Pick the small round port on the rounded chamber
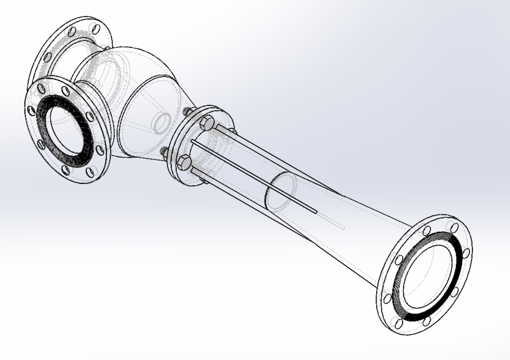tap(162, 122)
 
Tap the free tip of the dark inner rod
tap(316, 212)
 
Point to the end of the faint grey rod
tap(343, 227)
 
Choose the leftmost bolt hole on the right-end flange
tap(387, 299)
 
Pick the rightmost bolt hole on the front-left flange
tap(100, 151)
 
